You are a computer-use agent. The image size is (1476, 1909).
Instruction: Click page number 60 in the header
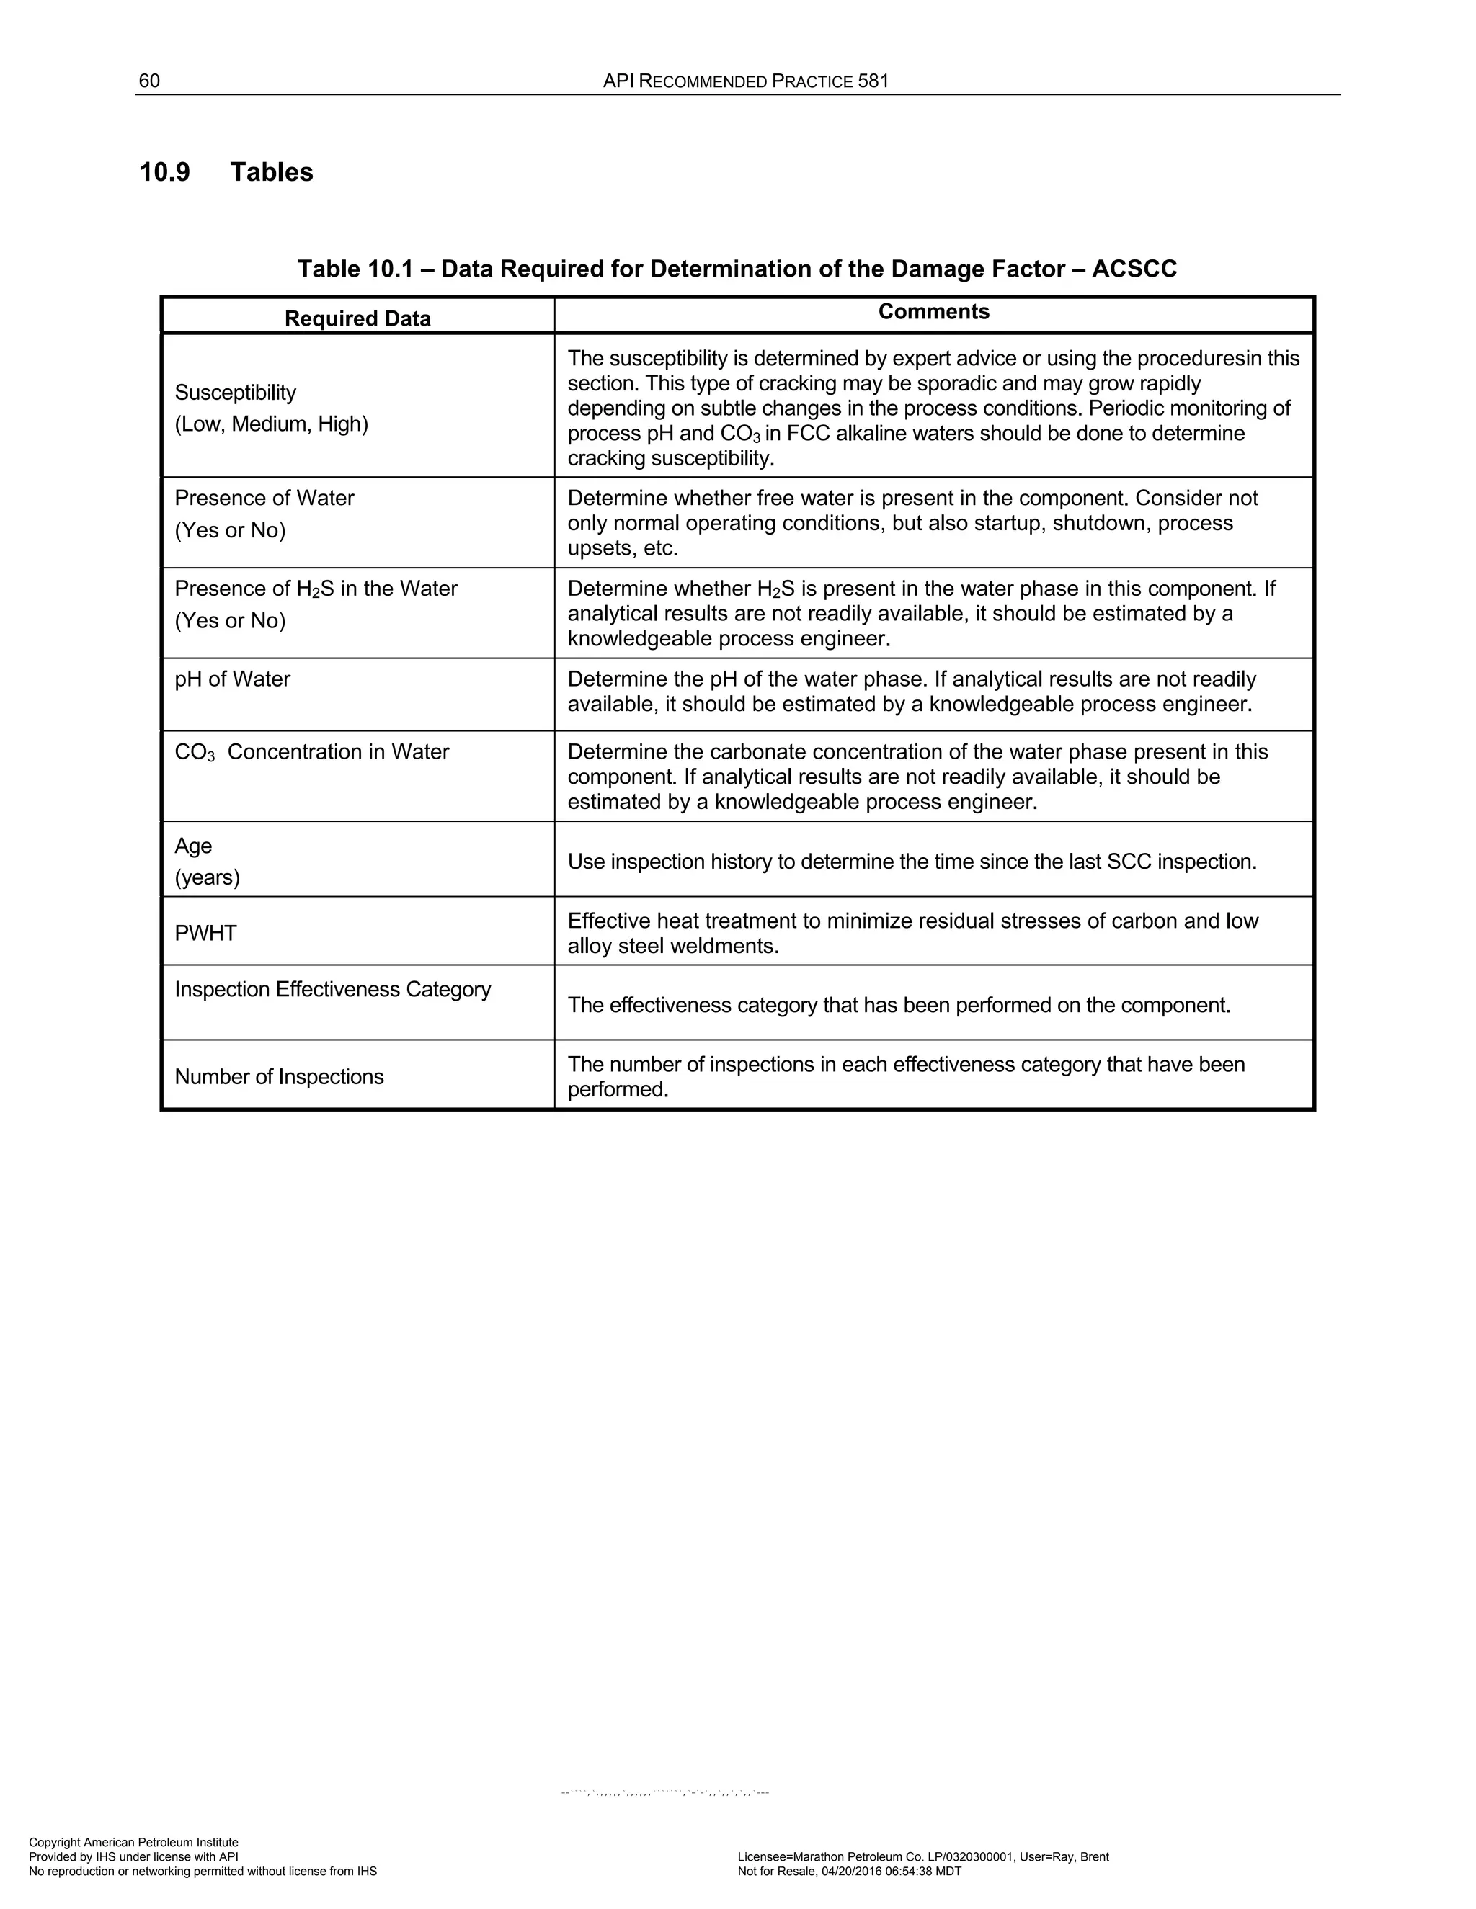point(149,81)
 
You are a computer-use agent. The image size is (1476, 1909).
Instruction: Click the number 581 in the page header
point(873,81)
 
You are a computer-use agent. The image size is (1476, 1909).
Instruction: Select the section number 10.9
point(164,172)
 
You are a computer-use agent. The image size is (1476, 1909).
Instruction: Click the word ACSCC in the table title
point(1134,269)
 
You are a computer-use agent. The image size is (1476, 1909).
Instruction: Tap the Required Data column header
point(357,318)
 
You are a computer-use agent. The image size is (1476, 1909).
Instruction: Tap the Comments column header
point(933,312)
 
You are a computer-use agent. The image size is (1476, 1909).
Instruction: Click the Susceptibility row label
point(235,393)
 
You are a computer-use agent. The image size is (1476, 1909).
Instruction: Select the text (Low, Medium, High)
point(271,425)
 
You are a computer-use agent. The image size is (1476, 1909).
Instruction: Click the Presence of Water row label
point(264,499)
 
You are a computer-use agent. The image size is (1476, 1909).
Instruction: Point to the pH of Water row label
point(232,679)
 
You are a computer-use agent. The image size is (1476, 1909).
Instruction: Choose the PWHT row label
point(205,934)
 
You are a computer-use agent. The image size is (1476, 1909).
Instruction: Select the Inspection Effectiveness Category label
point(332,990)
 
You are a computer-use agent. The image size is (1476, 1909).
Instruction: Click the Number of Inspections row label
point(279,1077)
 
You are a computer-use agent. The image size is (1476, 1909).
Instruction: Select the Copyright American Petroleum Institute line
point(134,1843)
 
